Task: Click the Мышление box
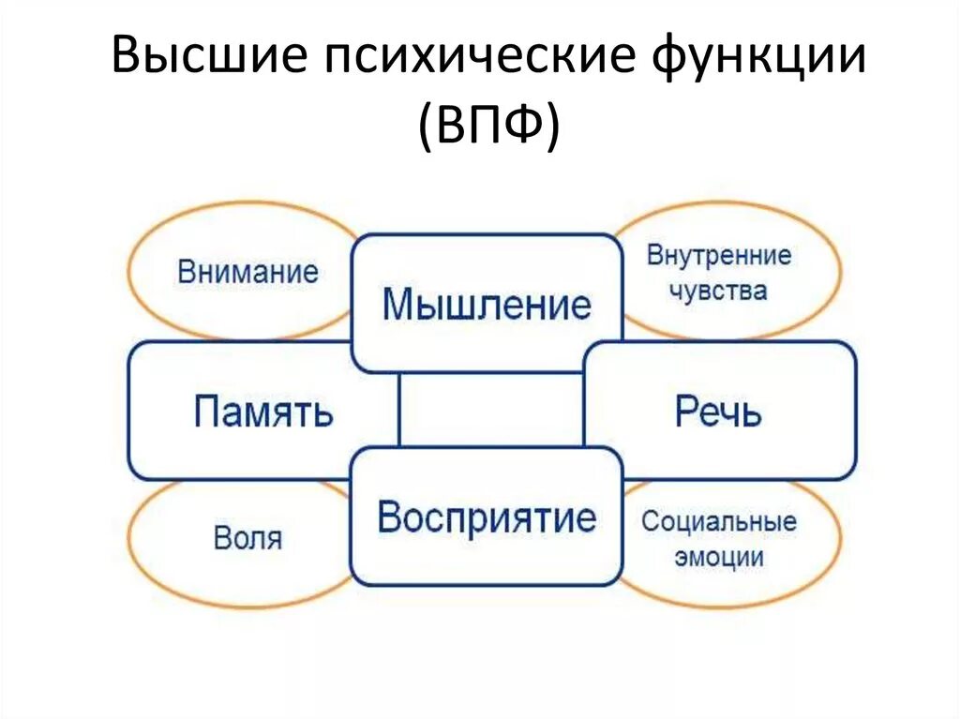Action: (x=487, y=304)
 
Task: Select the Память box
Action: (x=263, y=411)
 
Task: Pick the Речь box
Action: (x=719, y=411)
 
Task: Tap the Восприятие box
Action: (x=487, y=517)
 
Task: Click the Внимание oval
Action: (x=247, y=273)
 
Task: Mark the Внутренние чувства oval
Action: (x=719, y=272)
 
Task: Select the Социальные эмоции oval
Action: (x=719, y=539)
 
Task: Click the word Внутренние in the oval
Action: (x=719, y=255)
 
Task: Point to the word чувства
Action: (x=718, y=291)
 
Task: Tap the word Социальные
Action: (x=719, y=521)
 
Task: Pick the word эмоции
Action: (x=718, y=558)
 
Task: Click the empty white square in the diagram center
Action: (x=491, y=410)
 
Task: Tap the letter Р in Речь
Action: (x=685, y=412)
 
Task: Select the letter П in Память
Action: (x=206, y=412)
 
